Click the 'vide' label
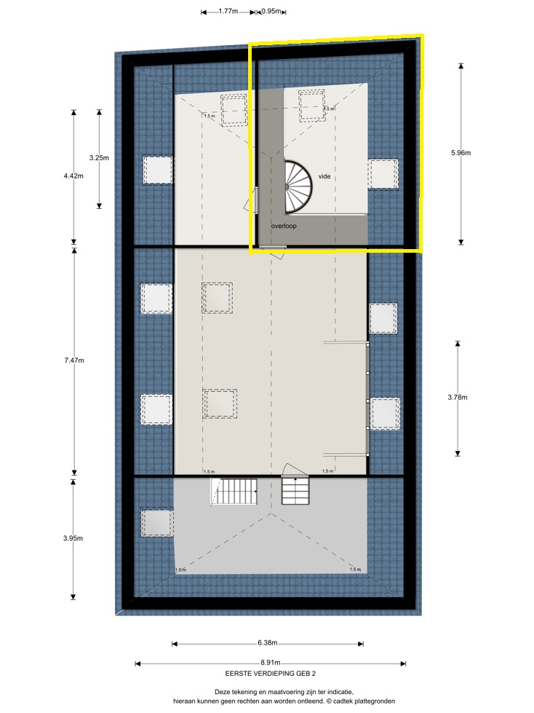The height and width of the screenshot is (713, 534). click(324, 177)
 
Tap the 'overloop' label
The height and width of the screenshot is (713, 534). click(284, 226)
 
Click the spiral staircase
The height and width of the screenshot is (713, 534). click(298, 186)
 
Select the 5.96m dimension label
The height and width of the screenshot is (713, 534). click(461, 153)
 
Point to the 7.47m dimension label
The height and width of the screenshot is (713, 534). click(74, 361)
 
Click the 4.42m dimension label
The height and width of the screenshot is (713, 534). click(74, 176)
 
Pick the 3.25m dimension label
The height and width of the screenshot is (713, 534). click(99, 158)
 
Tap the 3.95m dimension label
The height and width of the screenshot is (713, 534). click(74, 538)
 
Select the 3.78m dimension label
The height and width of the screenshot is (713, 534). click(458, 398)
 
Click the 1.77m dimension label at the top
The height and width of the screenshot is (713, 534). click(228, 12)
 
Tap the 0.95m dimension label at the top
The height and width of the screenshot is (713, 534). click(271, 12)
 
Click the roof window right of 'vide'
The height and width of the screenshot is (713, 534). click(383, 173)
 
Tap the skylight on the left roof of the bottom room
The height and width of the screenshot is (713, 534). click(157, 522)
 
